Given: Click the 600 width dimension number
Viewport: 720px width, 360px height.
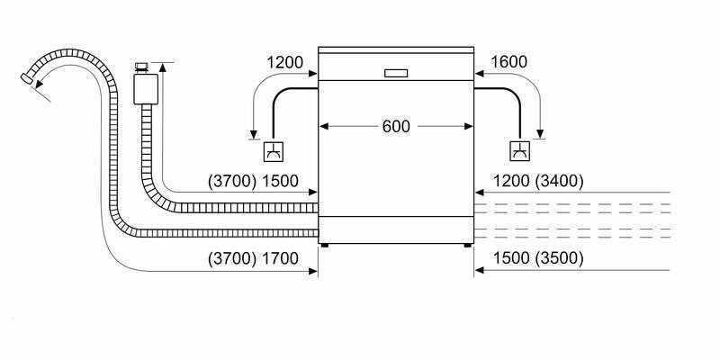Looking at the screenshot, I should click(x=395, y=127).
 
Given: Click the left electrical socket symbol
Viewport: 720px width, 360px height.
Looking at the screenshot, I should click(x=273, y=151).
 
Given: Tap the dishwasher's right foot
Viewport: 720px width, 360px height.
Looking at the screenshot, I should click(x=466, y=245).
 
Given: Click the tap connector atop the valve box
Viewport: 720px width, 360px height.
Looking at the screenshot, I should click(x=142, y=66).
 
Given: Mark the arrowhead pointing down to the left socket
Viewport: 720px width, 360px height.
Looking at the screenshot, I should click(x=253, y=134).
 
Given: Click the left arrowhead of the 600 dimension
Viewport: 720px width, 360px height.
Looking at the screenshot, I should click(x=323, y=127).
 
